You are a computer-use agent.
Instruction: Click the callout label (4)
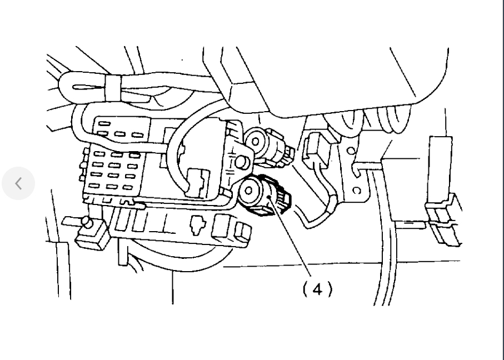(x=317, y=289)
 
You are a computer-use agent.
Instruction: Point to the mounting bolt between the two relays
(x=241, y=163)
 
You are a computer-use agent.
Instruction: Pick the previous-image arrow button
(x=18, y=183)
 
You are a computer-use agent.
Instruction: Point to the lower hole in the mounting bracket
(x=357, y=190)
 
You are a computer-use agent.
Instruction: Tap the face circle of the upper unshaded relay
(x=256, y=142)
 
